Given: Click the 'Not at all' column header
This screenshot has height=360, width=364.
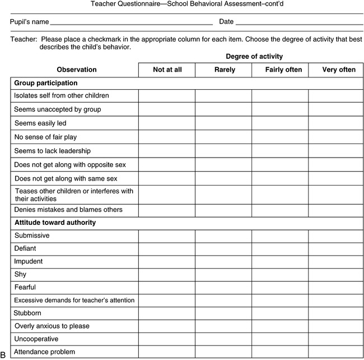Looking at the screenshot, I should pyautogui.click(x=167, y=70).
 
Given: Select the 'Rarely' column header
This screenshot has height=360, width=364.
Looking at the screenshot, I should pyautogui.click(x=224, y=70).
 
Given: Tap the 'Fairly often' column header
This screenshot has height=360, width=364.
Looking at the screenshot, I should pyautogui.click(x=280, y=70).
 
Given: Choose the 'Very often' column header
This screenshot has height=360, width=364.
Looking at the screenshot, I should pyautogui.click(x=335, y=70).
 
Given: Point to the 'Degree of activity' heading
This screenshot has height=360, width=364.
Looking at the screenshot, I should pyautogui.click(x=254, y=56).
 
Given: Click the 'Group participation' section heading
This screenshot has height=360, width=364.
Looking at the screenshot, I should pyautogui.click(x=46, y=83).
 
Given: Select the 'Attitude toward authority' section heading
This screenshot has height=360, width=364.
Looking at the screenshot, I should pyautogui.click(x=55, y=223).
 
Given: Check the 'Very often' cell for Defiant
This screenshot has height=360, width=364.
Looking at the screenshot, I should pyautogui.click(x=335, y=248).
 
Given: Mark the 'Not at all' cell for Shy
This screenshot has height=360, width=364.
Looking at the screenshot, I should pyautogui.click(x=167, y=274).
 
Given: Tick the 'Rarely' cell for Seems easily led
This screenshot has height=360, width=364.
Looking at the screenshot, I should pyautogui.click(x=224, y=122).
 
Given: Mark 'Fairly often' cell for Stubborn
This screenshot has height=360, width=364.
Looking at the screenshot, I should pyautogui.click(x=280, y=313).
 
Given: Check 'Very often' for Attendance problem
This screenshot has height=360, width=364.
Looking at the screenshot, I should pyautogui.click(x=335, y=352).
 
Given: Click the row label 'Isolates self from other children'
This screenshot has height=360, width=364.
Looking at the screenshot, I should pyautogui.click(x=62, y=96).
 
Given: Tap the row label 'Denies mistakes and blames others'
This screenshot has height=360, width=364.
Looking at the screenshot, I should pyautogui.click(x=68, y=210).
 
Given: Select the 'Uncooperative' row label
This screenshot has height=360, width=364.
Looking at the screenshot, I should pyautogui.click(x=36, y=339).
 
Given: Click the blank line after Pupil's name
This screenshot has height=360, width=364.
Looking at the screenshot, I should pyautogui.click(x=132, y=23).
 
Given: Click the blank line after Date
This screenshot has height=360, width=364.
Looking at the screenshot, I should pyautogui.click(x=300, y=23).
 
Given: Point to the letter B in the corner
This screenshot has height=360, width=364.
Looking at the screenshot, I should pyautogui.click(x=3, y=354).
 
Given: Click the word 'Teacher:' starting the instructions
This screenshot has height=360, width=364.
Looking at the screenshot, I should pyautogui.click(x=24, y=40).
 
